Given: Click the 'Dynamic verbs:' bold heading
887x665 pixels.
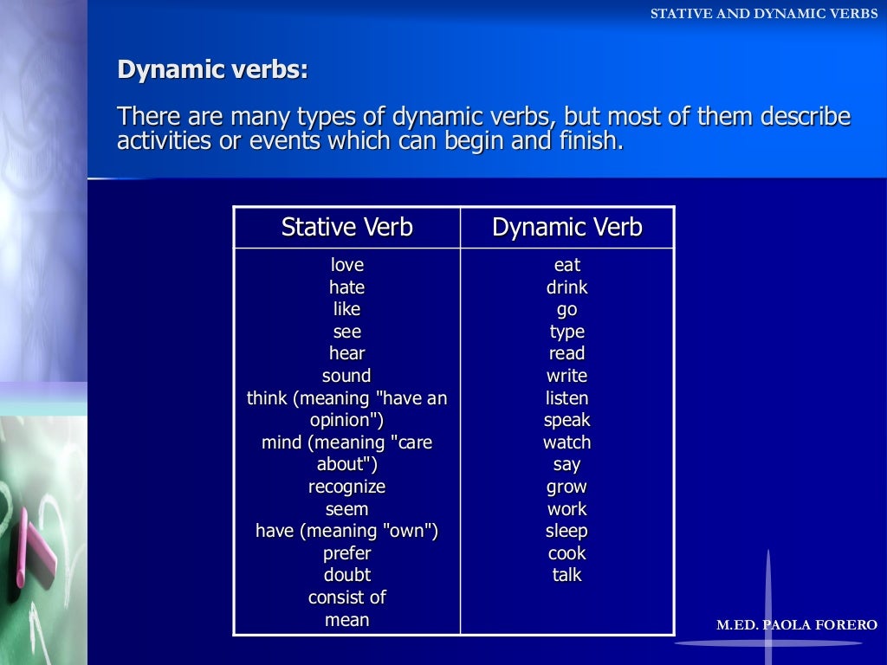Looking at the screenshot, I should pos(212,70).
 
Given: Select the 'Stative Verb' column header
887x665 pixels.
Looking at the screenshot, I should pos(346,228).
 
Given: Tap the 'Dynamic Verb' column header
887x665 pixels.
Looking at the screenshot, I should pos(567,228).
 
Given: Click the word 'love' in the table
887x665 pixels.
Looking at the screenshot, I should pos(346,265).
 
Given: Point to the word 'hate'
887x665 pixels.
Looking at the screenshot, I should pos(346,287).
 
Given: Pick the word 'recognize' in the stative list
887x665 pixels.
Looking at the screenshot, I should pos(346,487).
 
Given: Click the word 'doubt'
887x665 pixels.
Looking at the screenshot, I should pos(346,575).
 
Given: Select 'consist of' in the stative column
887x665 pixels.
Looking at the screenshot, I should pos(346,597).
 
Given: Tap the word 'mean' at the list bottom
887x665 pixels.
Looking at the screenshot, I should pos(346,620).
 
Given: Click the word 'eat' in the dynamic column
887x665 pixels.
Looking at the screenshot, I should pos(567,265).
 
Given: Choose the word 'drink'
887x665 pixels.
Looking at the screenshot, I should pos(567,287).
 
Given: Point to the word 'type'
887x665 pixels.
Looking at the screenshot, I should pos(567,332).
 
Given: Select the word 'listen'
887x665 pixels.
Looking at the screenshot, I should pos(567,398).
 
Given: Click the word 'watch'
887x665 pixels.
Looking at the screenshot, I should pos(567,442).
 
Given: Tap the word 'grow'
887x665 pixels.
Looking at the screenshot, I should pos(567,487).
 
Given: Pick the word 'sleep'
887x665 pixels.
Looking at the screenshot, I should pos(567,531).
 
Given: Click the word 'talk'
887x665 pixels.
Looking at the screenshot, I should pos(567,575).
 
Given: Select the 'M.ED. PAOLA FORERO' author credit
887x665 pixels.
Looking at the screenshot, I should pos(797,625).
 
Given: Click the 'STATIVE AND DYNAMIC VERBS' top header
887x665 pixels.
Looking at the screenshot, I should pos(764,14).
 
